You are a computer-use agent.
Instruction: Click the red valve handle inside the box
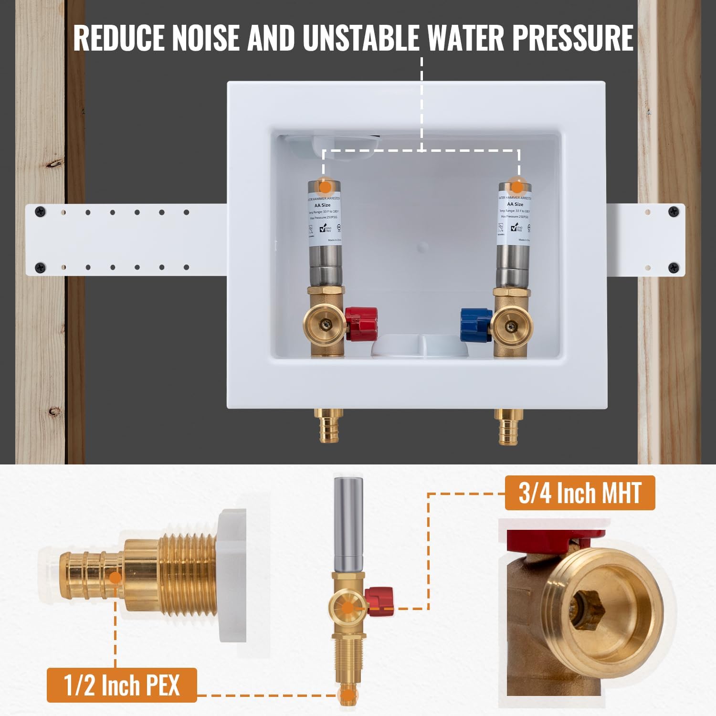[361, 324]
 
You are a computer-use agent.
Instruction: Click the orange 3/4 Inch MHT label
[579, 493]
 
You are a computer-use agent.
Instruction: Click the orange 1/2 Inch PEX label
[122, 685]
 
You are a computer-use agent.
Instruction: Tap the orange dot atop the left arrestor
[325, 187]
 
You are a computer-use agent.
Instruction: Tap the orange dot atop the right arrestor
[516, 186]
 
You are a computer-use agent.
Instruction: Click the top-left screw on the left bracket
[42, 211]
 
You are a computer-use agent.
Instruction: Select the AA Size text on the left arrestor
[322, 205]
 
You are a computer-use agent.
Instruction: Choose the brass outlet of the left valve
[324, 326]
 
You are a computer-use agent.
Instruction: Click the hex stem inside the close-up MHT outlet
[589, 605]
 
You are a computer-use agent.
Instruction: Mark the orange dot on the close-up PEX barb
[115, 578]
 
